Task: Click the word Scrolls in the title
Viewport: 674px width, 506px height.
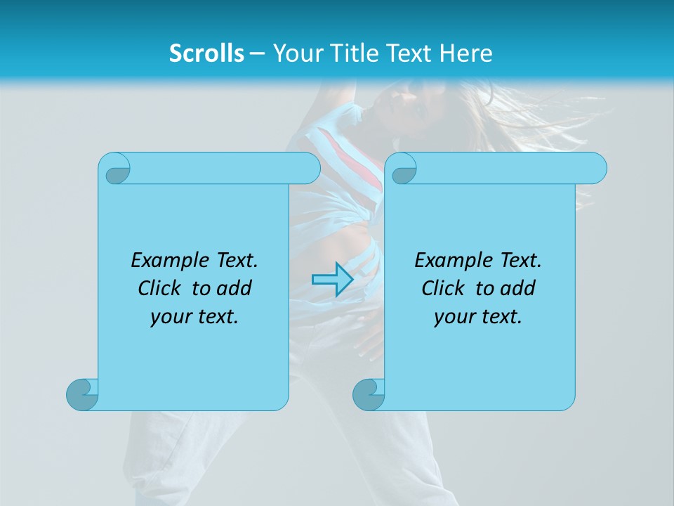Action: (x=207, y=53)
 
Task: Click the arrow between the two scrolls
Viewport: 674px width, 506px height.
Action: (x=332, y=279)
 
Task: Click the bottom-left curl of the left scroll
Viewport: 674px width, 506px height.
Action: (x=83, y=394)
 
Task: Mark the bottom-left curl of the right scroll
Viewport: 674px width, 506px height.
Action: (x=369, y=394)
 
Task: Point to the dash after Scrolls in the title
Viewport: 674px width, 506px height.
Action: (x=257, y=53)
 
